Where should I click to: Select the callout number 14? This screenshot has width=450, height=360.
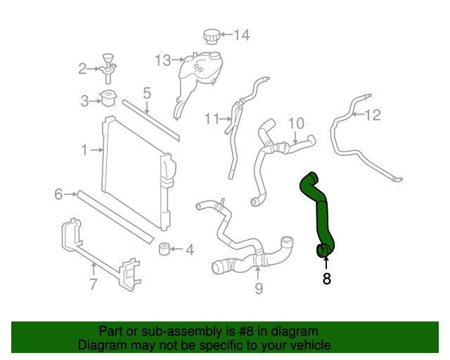[241, 34]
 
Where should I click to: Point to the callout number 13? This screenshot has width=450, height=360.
[163, 60]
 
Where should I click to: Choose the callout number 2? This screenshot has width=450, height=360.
[82, 68]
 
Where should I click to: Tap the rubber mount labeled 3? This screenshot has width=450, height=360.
[109, 98]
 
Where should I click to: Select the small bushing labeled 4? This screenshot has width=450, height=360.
[166, 250]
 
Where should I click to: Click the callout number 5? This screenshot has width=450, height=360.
[147, 92]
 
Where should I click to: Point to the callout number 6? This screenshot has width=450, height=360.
[58, 194]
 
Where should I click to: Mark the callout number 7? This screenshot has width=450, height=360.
[93, 285]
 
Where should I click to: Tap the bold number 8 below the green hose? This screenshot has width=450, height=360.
[326, 278]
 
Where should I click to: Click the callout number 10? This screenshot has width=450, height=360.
[295, 123]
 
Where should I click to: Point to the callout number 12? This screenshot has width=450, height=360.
[373, 115]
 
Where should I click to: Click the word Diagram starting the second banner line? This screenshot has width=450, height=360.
[101, 345]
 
